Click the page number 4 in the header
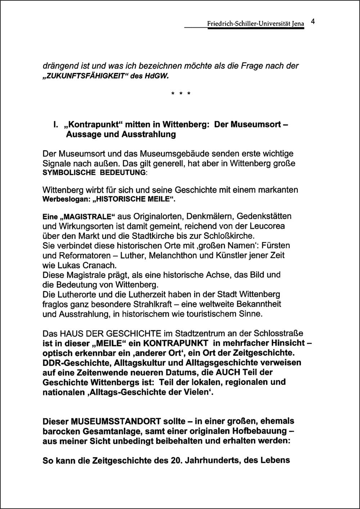pos(313,22)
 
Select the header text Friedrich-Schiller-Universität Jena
pos(256,24)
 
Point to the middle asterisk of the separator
pos(181,95)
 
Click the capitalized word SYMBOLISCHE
pos(67,173)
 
